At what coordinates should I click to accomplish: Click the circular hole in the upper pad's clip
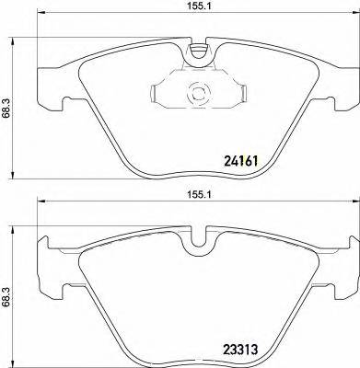(x=195, y=93)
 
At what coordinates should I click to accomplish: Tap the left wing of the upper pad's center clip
(x=161, y=93)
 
